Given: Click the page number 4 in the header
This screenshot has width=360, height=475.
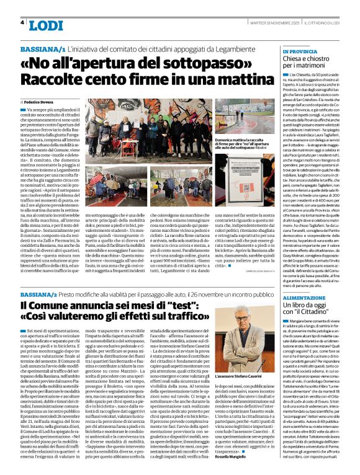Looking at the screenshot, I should click(22, 22).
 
